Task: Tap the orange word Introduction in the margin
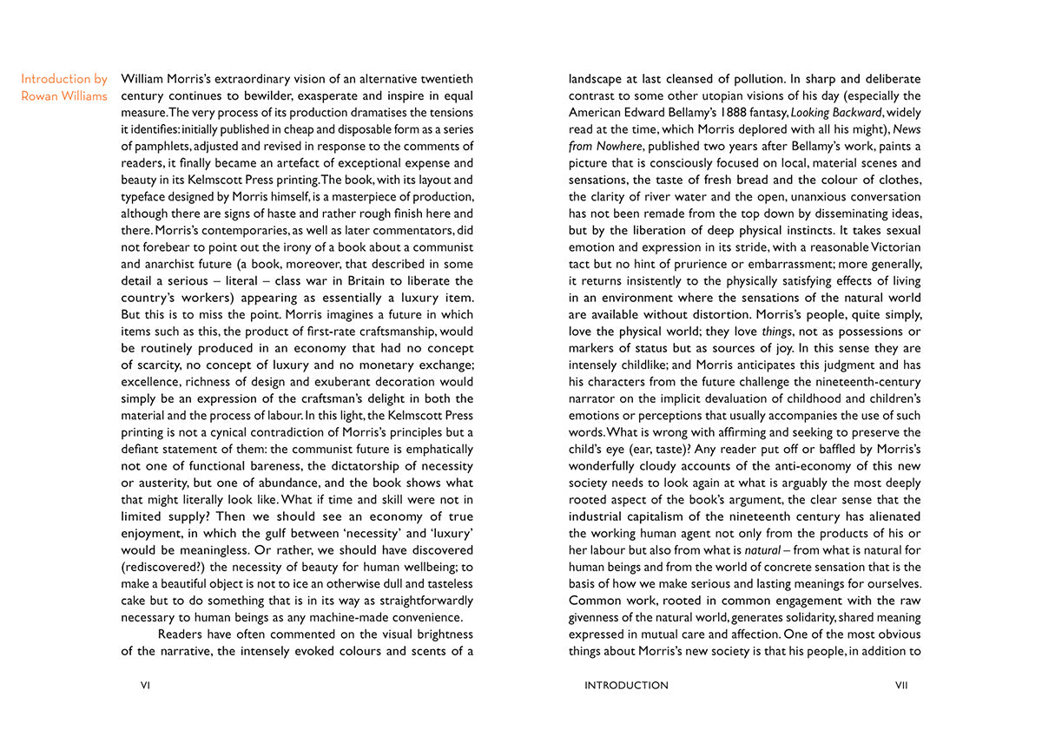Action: point(55,79)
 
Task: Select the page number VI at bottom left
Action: point(146,685)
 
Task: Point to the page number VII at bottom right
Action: point(900,685)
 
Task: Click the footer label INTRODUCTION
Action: point(626,685)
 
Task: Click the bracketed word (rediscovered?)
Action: point(162,567)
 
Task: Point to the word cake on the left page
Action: point(134,601)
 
